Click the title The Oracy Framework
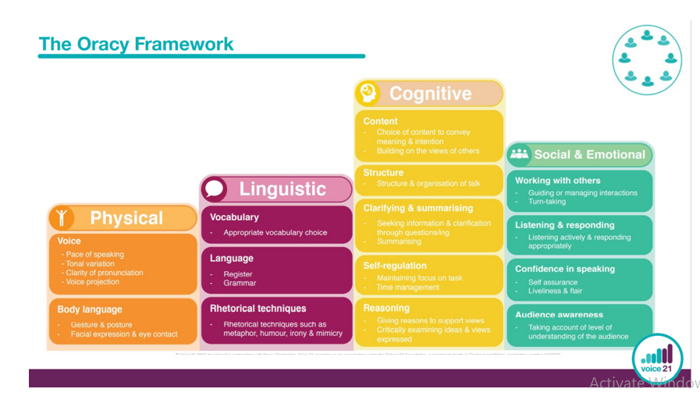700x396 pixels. pos(136,44)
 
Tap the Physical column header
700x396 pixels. pos(126,218)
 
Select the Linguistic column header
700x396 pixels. pos(282,189)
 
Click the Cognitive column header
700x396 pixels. pos(430,94)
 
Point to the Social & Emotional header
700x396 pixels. pos(589,154)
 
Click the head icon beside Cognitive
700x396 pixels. pos(368,94)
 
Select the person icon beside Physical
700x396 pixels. pos(62,218)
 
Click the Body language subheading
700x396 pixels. pos(90,309)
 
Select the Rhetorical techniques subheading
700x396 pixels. pos(258,309)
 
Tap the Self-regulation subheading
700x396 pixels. pos(395,266)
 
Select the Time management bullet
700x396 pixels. pos(408,287)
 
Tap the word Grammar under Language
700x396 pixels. pos(240,283)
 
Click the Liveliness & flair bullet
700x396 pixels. pos(555,291)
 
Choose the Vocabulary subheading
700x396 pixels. pos(234,217)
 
